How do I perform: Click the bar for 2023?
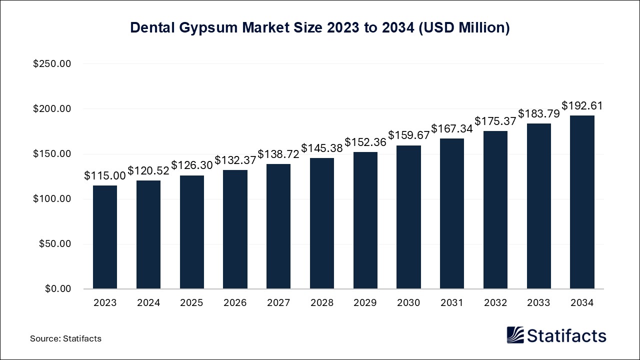pos(105,237)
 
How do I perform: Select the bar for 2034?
pos(582,202)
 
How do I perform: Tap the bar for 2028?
pos(322,223)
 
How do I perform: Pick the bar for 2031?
pos(452,213)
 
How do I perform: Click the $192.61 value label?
pos(582,106)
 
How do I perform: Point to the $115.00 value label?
pos(104,176)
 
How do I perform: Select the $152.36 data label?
pos(365,142)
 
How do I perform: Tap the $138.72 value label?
pos(278,154)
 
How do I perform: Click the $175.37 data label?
pos(495,121)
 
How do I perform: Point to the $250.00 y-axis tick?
pos(52,64)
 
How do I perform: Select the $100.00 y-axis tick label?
pos(52,199)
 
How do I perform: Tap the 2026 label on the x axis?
pos(235,303)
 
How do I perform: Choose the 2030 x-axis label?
pos(408,303)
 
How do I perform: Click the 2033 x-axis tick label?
pos(538,303)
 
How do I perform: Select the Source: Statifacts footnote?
pos(65,338)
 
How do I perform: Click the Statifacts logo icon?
pos(515,335)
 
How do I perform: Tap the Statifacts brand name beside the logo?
pos(567,335)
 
